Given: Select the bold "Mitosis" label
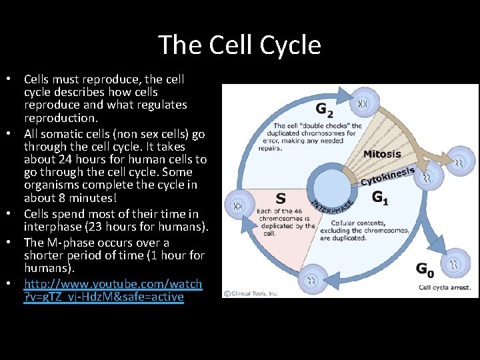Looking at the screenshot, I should (382, 154).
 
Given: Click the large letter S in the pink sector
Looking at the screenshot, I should (281, 198).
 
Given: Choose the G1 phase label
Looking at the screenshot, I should (381, 197).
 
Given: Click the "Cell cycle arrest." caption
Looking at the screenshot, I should (445, 288).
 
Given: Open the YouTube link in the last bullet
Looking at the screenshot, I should (113, 290).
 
